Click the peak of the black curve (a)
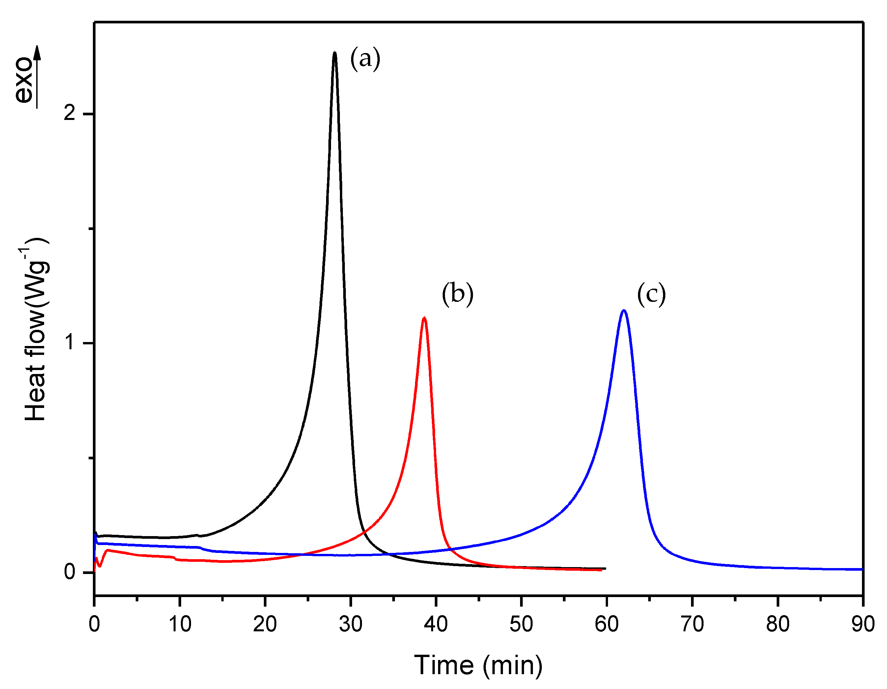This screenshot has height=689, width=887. tap(334, 53)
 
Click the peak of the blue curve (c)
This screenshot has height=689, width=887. tap(624, 311)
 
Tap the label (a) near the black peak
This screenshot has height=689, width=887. tap(365, 59)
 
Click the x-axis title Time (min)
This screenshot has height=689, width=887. tap(478, 665)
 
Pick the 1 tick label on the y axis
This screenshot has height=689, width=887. tap(70, 342)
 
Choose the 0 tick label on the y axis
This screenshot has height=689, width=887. tap(69, 572)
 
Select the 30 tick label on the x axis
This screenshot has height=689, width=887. tap(350, 624)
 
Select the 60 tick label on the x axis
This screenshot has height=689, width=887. tap(606, 624)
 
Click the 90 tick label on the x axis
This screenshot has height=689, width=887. tap(863, 624)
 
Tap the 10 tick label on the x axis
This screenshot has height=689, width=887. tap(180, 624)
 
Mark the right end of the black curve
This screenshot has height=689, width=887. tap(605, 568)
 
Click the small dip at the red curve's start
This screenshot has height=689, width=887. tap(100, 565)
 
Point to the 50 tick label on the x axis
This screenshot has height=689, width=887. tap(521, 624)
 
